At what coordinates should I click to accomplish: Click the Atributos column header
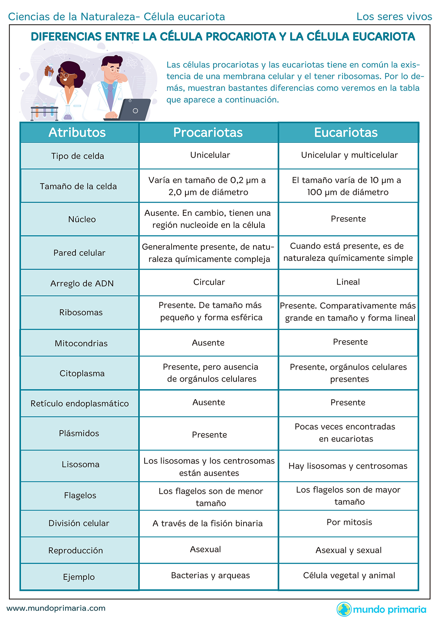(x=77, y=133)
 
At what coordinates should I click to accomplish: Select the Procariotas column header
(x=208, y=133)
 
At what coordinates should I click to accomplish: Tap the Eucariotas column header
(x=346, y=133)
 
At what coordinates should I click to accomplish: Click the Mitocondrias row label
(x=81, y=343)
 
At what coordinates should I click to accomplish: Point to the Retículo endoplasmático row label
(x=79, y=403)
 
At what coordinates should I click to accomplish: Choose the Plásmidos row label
(x=79, y=433)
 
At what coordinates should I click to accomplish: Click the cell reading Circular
(x=209, y=282)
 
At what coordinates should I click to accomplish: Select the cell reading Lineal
(x=348, y=282)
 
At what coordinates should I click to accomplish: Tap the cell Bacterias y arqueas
(x=210, y=575)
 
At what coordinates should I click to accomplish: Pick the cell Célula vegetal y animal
(x=349, y=575)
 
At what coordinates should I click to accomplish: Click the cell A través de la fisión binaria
(x=207, y=523)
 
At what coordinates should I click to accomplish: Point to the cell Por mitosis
(x=349, y=522)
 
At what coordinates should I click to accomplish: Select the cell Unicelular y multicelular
(x=349, y=155)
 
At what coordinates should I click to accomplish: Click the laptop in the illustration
(x=133, y=110)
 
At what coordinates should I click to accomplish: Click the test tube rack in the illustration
(x=44, y=112)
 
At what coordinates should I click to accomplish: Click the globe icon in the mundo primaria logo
(x=344, y=609)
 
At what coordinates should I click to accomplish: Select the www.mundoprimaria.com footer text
(x=56, y=608)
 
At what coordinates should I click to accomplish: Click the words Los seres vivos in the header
(x=394, y=17)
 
